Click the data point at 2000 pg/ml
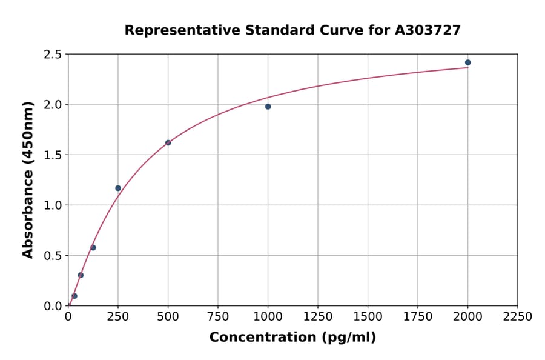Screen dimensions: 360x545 (467, 62)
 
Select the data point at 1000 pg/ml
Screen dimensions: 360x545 (268, 107)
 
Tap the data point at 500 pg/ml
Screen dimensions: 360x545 (168, 143)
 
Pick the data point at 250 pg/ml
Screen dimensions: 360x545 (118, 188)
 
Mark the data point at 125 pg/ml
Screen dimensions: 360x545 (93, 247)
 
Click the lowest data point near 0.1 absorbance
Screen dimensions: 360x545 (74, 296)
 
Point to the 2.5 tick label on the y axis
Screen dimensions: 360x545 (53, 55)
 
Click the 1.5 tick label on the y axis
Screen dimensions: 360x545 (53, 155)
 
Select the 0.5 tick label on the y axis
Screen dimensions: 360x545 (53, 256)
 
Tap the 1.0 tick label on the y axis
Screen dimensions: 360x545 (53, 205)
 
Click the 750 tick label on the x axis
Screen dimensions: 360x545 (218, 317)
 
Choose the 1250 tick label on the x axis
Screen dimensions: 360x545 (318, 317)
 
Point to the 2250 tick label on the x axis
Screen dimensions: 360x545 (517, 317)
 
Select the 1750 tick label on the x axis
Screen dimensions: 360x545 (417, 317)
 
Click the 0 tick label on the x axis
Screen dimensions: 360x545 (68, 317)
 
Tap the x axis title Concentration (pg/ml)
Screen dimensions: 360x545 (292, 338)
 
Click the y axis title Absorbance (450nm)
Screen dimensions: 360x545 (28, 180)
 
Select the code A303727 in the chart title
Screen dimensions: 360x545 (428, 30)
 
